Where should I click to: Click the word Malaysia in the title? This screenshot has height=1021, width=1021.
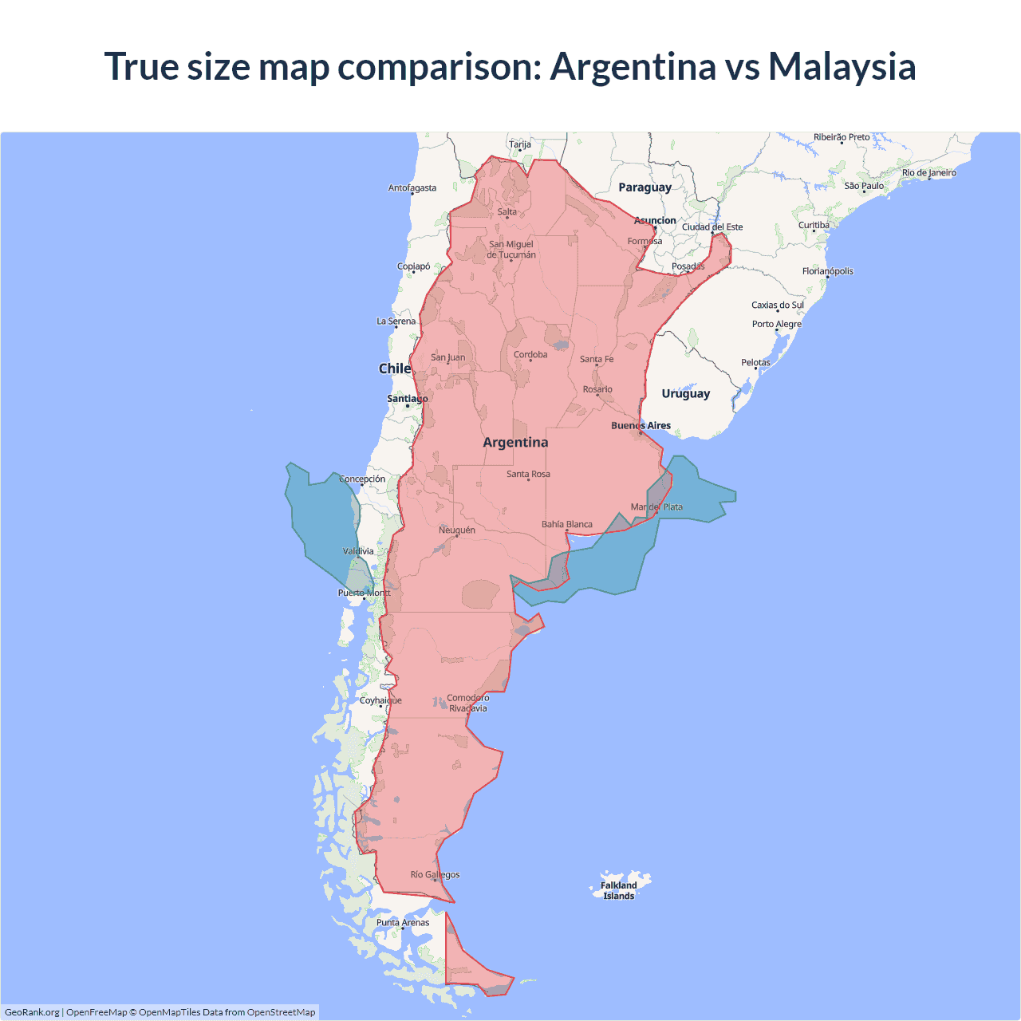point(842,66)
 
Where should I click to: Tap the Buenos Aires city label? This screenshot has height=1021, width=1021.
point(641,425)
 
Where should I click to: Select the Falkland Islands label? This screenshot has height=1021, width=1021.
point(619,890)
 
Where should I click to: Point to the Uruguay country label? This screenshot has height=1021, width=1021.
point(685,393)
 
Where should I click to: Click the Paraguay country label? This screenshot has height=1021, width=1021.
point(645,187)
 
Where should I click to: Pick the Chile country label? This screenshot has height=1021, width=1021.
point(394,369)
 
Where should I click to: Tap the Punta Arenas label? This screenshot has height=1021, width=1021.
point(403,922)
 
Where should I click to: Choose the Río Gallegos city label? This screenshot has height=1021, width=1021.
point(435,874)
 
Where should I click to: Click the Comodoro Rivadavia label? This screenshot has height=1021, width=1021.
point(467,703)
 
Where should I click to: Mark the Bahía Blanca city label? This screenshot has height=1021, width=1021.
point(567,524)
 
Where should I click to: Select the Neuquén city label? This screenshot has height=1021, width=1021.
point(457,530)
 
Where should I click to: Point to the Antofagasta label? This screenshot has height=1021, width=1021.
point(412,188)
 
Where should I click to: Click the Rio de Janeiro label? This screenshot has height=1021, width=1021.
point(928,172)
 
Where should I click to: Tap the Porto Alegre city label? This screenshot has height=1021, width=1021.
point(776,324)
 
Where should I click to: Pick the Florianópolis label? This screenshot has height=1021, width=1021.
point(827,271)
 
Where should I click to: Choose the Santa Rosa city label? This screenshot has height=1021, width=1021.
point(528,474)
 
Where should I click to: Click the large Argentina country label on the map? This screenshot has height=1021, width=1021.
point(515,443)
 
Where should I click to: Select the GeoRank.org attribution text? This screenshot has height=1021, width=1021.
point(32,1012)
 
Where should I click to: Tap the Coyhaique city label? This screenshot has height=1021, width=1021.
point(380,700)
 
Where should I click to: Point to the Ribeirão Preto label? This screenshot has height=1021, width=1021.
point(842,137)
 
